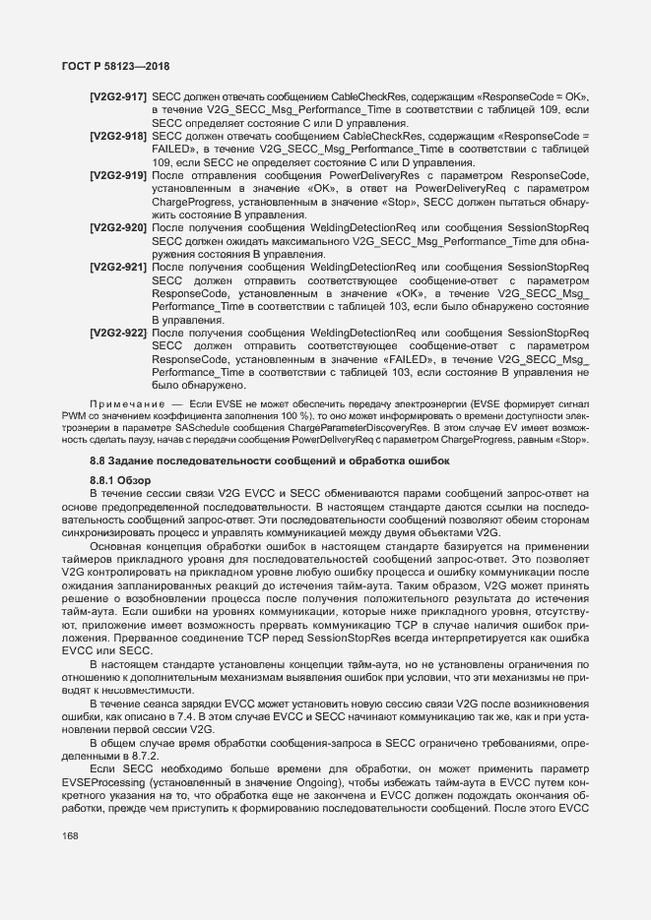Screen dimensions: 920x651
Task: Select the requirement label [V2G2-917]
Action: (x=118, y=97)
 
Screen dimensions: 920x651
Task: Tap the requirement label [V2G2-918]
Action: (x=118, y=135)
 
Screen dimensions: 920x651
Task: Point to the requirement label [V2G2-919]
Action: (x=118, y=174)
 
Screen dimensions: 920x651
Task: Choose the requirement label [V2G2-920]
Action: (x=118, y=227)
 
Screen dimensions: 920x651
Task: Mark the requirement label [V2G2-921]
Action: (x=118, y=268)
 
